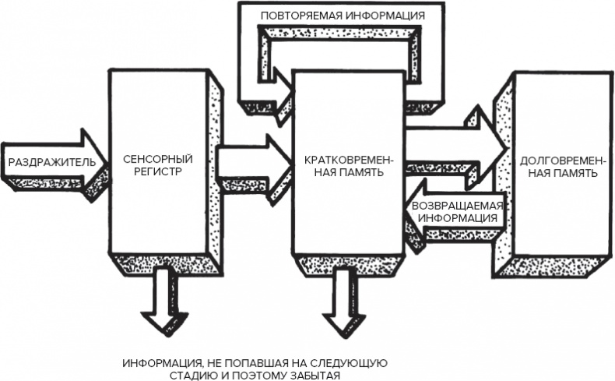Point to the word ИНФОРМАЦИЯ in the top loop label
(386, 14)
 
